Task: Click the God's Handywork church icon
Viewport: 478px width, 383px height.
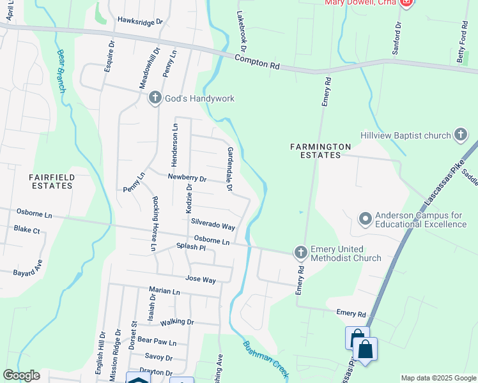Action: (155, 98)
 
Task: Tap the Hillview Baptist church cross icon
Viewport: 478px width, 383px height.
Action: (460, 135)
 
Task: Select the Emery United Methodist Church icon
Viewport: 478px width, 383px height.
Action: (300, 253)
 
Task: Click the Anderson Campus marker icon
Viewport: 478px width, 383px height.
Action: (366, 219)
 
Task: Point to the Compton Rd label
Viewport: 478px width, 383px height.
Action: (258, 62)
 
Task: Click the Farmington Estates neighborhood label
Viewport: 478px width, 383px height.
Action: (320, 151)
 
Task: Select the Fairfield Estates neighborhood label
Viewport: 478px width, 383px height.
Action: (52, 181)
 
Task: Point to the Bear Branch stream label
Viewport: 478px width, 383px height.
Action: (62, 71)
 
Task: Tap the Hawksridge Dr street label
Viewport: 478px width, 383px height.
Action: (140, 21)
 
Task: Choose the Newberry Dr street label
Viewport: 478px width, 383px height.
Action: (187, 179)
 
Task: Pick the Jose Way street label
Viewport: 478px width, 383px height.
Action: (200, 279)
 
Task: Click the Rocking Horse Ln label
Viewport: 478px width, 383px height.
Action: (155, 223)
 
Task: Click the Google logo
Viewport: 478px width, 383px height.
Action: (21, 375)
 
